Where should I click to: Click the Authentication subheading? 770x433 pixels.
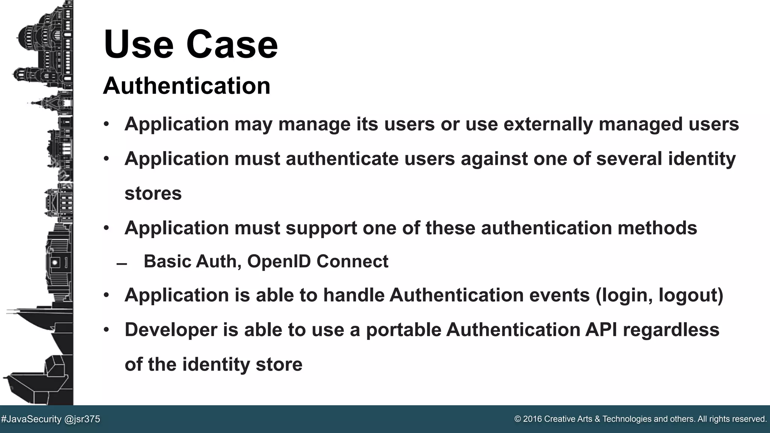[186, 86]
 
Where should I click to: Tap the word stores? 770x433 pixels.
[153, 194]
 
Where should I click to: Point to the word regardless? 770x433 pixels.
[671, 330]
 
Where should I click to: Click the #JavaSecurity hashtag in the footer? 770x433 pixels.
[31, 419]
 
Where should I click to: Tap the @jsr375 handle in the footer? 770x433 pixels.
[82, 419]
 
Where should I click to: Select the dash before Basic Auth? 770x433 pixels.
[122, 264]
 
